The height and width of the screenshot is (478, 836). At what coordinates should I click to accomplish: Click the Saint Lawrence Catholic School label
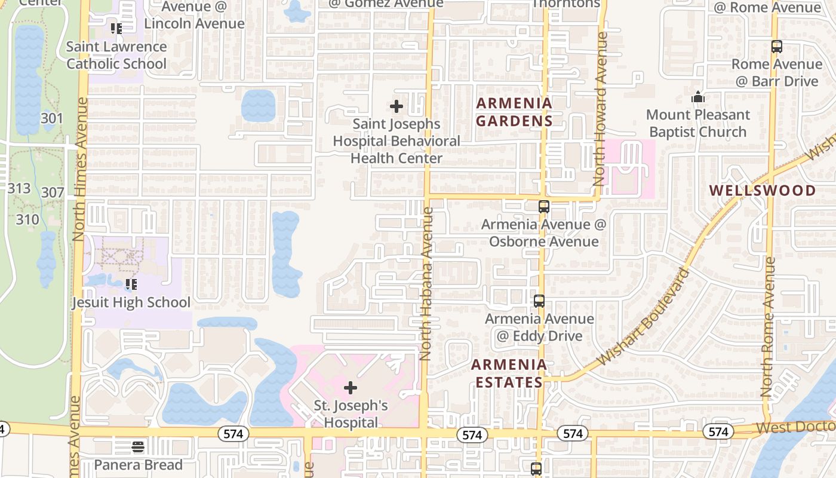pyautogui.click(x=116, y=55)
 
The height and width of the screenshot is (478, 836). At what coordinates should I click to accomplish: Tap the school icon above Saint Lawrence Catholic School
pyautogui.click(x=116, y=28)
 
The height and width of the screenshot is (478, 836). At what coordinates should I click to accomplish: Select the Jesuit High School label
pyautogui.click(x=131, y=302)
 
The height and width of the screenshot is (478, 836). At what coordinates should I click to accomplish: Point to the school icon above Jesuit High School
pyautogui.click(x=131, y=284)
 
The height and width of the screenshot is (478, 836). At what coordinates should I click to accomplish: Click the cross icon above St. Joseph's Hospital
pyautogui.click(x=351, y=388)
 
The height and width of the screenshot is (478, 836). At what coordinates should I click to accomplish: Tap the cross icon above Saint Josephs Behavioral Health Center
pyautogui.click(x=396, y=107)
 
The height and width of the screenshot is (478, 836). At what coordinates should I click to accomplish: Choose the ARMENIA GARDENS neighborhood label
pyautogui.click(x=514, y=112)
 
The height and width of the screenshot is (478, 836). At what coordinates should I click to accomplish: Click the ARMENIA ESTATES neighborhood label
pyautogui.click(x=509, y=373)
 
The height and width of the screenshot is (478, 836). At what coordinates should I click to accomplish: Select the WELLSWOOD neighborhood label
pyautogui.click(x=763, y=191)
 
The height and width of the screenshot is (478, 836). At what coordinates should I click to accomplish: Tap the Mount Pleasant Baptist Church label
pyautogui.click(x=698, y=123)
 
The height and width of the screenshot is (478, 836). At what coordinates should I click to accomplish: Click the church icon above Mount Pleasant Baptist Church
pyautogui.click(x=697, y=97)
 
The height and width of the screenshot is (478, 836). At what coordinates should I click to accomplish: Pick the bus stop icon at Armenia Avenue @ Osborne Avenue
pyautogui.click(x=543, y=207)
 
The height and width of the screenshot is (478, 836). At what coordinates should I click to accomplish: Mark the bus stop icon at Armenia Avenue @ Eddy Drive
pyautogui.click(x=539, y=301)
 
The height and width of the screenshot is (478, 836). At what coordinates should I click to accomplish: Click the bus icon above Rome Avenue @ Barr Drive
pyautogui.click(x=777, y=47)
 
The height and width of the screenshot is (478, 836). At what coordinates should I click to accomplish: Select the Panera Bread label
pyautogui.click(x=138, y=465)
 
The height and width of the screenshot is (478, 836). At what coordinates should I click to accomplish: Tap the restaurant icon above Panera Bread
pyautogui.click(x=138, y=447)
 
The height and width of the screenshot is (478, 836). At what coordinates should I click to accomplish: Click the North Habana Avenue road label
pyautogui.click(x=426, y=284)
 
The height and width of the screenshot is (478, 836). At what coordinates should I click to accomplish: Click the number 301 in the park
pyautogui.click(x=52, y=118)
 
